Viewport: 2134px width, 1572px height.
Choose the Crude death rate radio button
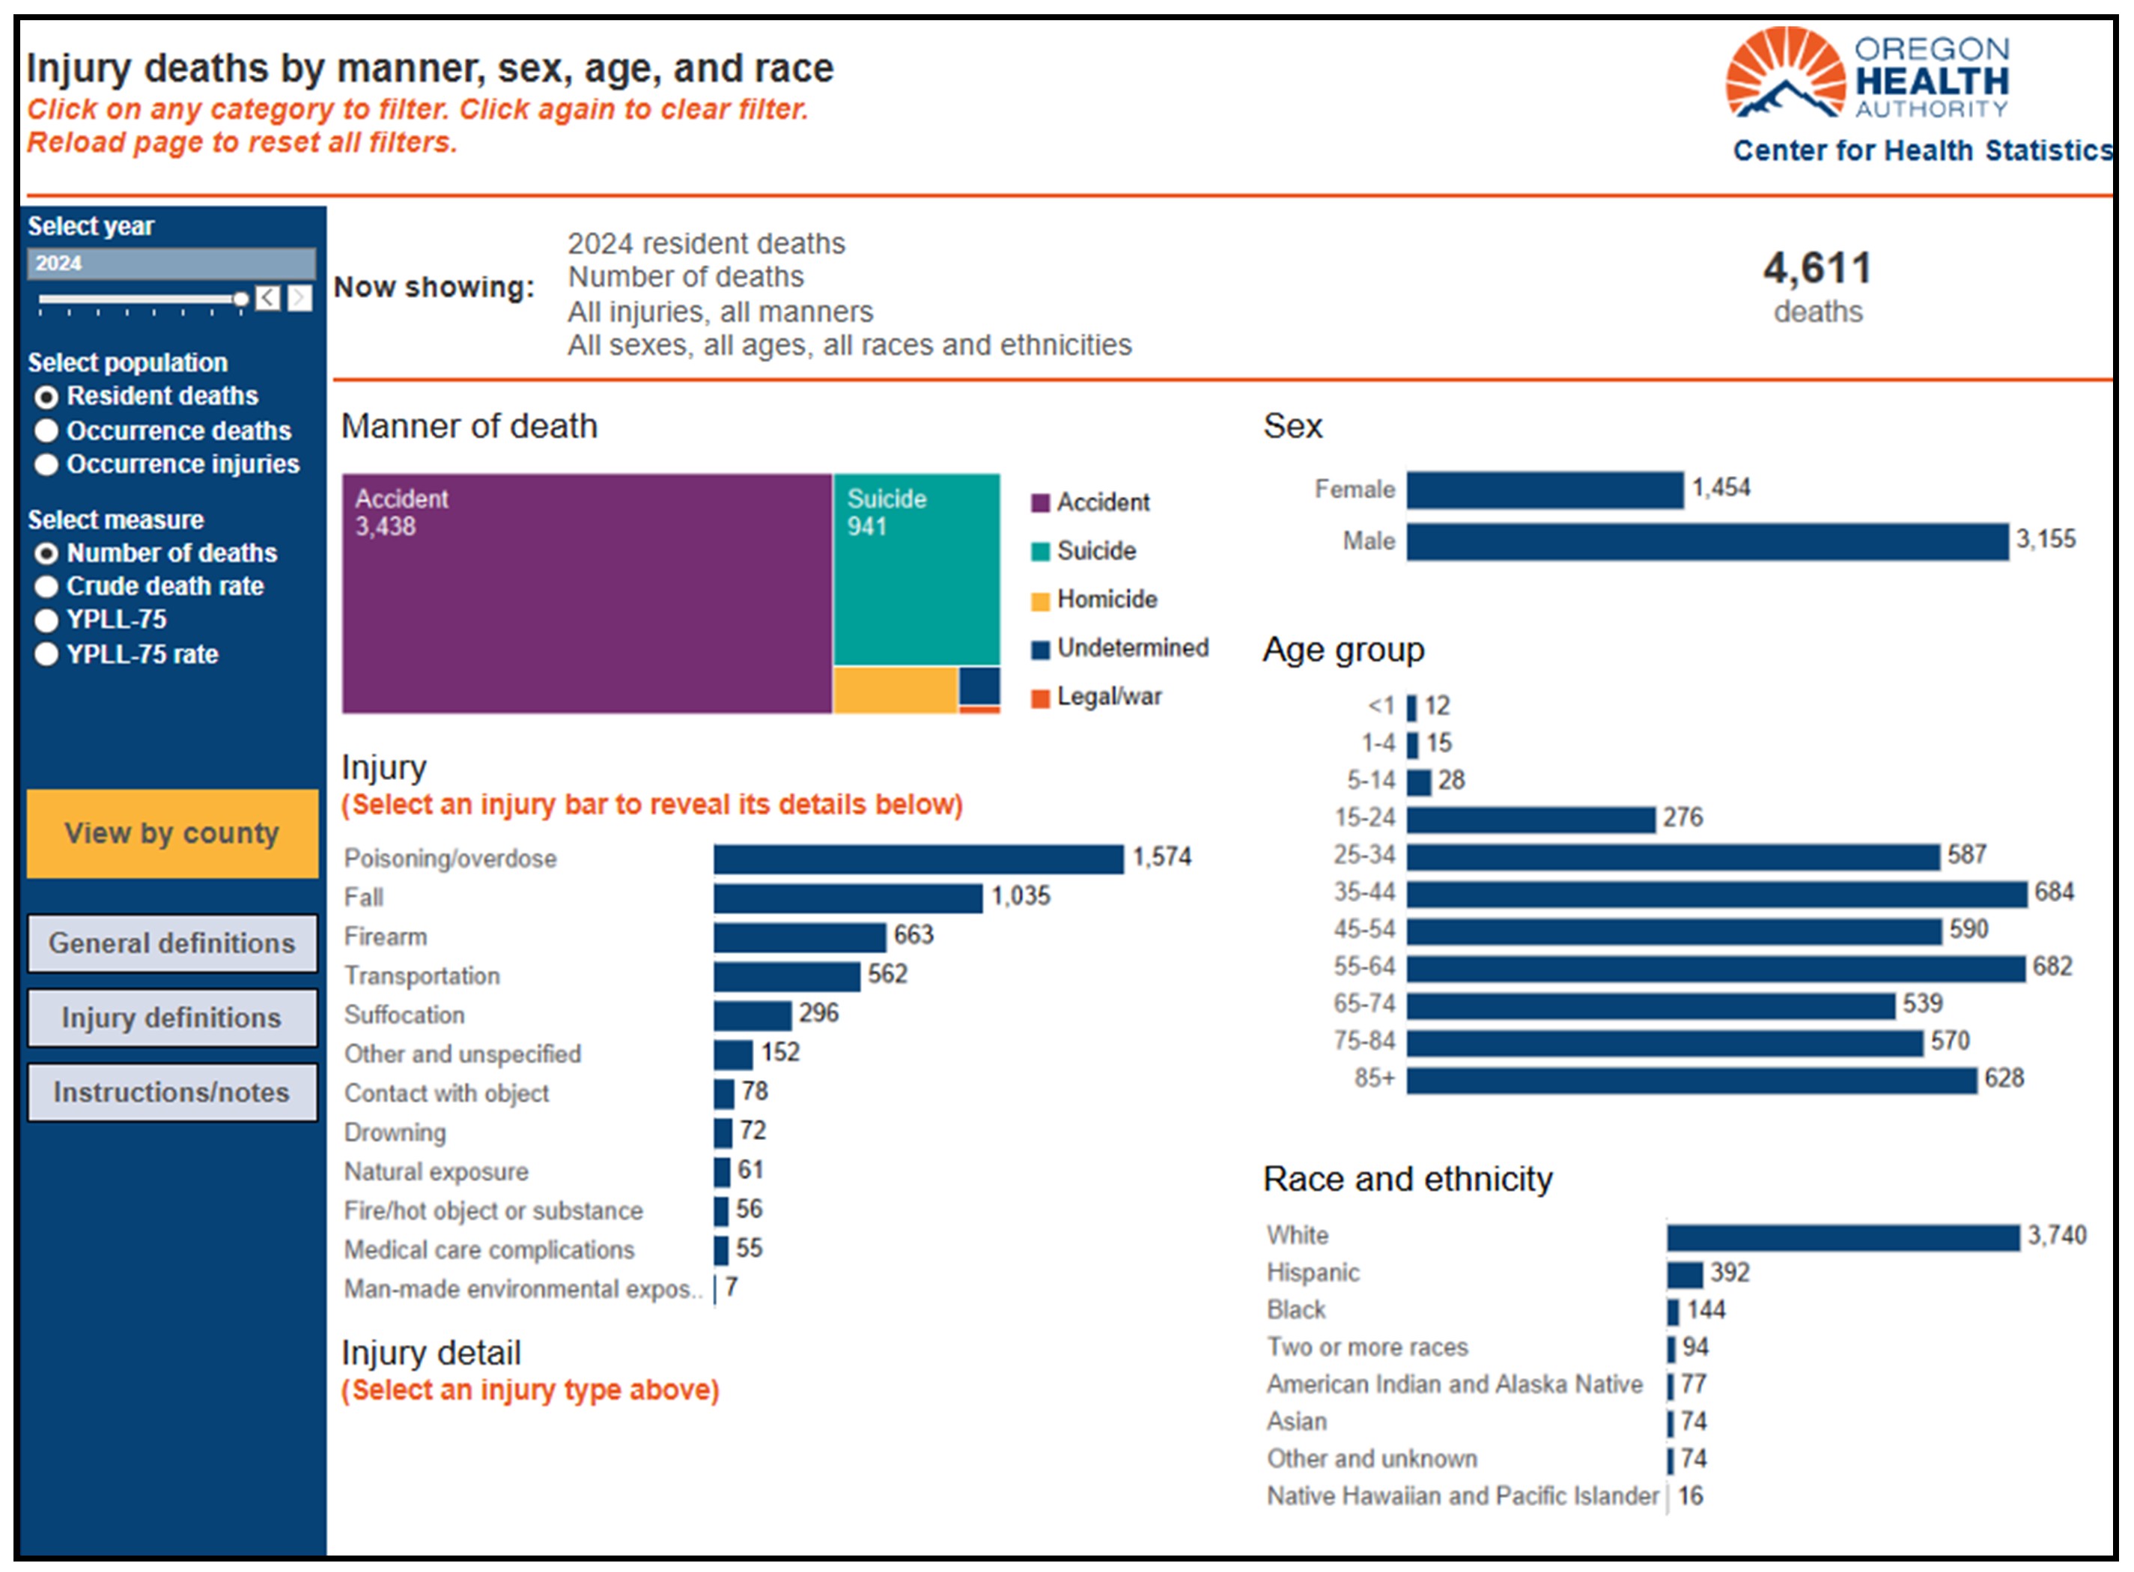(x=46, y=586)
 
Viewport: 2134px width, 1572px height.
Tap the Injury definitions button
(x=172, y=1017)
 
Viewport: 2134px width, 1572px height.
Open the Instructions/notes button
(x=172, y=1092)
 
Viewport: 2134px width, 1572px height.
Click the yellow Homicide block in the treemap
(x=895, y=690)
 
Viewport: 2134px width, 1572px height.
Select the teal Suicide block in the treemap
(x=916, y=569)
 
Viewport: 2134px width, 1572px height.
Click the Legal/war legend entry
(x=1096, y=697)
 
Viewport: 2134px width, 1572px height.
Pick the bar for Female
(x=1545, y=490)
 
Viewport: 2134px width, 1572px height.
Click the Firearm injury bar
(x=800, y=937)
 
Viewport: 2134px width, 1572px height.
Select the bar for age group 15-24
(x=1530, y=819)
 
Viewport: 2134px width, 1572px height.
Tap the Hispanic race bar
(x=1685, y=1274)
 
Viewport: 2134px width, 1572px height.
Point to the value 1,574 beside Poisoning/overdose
(x=1161, y=856)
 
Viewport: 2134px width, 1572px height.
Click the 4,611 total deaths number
(x=1817, y=268)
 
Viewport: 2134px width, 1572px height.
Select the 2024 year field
(x=171, y=263)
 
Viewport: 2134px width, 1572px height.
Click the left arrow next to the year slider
(x=268, y=298)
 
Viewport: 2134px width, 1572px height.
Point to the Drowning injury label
(x=395, y=1133)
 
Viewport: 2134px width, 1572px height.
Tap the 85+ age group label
(x=1375, y=1078)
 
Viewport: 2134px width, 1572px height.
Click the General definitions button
(x=172, y=943)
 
